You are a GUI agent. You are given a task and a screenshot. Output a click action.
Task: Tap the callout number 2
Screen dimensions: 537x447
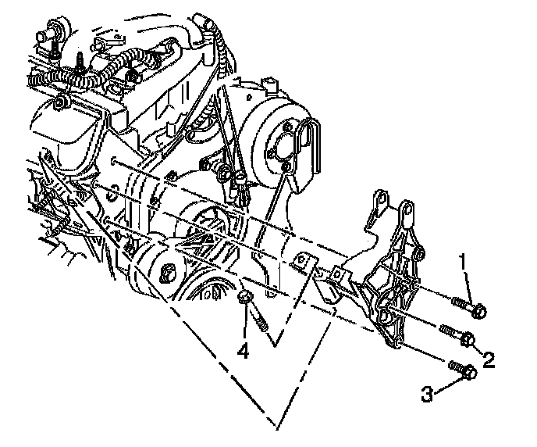pos(489,359)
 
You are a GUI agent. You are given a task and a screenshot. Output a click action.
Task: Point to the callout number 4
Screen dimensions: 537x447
pos(244,352)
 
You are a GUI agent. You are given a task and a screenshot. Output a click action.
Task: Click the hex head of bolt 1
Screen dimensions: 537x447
pos(480,312)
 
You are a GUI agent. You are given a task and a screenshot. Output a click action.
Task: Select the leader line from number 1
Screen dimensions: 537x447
pos(468,281)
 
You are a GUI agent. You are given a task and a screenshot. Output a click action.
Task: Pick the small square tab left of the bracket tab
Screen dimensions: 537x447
pos(303,261)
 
